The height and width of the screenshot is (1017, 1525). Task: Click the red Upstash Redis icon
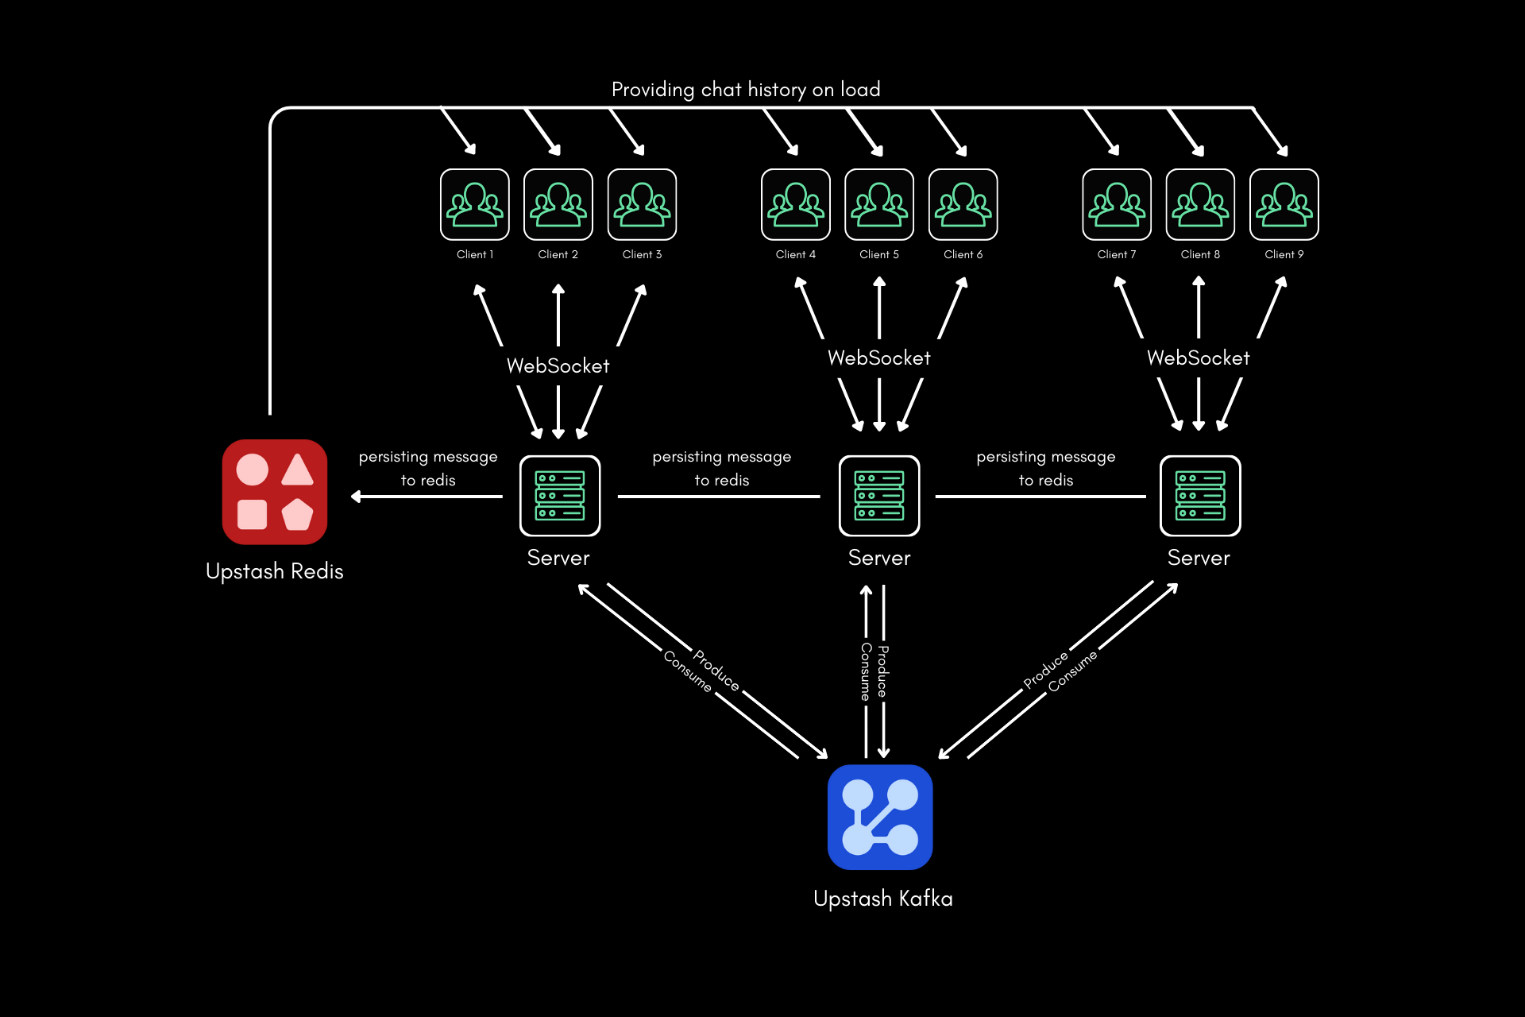click(x=275, y=492)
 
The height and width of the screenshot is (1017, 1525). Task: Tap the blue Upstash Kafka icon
click(x=879, y=817)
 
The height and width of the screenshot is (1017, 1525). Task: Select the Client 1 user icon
click(x=475, y=204)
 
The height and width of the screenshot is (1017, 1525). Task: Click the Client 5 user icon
click(x=879, y=204)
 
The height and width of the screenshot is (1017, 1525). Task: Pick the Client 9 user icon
click(x=1284, y=204)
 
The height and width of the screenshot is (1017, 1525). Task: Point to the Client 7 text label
click(x=1116, y=254)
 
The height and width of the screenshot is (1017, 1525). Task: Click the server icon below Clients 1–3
click(x=559, y=496)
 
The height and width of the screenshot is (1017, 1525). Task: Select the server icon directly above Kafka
click(x=879, y=496)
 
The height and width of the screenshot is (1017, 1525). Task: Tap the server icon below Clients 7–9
click(x=1199, y=496)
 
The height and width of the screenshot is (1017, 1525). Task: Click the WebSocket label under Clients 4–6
click(x=878, y=358)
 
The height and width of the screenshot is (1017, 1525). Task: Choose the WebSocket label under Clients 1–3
click(x=558, y=366)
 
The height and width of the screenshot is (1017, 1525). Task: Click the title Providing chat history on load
click(x=745, y=90)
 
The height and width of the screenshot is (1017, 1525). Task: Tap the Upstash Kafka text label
click(x=882, y=899)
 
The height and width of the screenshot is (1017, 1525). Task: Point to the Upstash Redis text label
click(x=274, y=571)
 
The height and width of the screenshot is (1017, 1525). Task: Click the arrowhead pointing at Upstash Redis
click(x=356, y=497)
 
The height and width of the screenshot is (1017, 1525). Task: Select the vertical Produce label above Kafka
click(x=883, y=671)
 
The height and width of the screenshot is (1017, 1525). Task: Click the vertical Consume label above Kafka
click(x=866, y=671)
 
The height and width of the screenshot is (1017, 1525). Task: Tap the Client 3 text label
click(x=642, y=254)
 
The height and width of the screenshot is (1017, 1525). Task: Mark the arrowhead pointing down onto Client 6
click(x=962, y=150)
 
